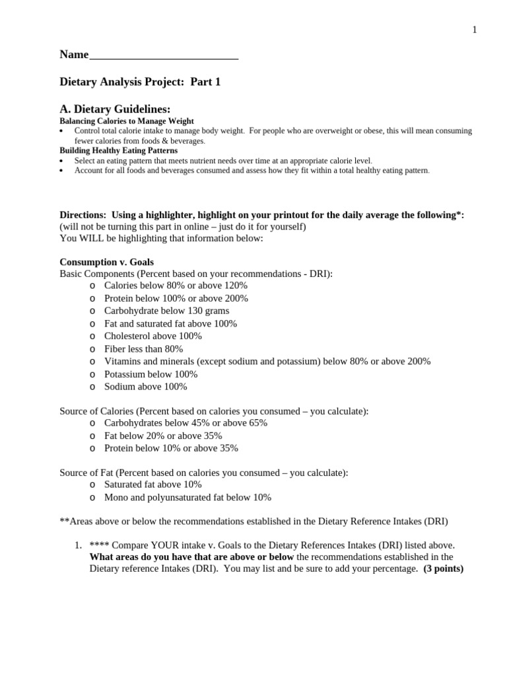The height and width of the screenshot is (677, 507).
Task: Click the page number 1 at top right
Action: coord(474,30)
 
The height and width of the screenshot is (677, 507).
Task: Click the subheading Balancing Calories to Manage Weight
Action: coord(127,121)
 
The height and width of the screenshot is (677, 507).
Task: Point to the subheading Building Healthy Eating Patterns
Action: coord(118,150)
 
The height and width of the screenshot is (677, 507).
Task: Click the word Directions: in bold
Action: coord(83,215)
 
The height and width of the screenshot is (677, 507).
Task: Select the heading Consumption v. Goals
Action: coord(106,262)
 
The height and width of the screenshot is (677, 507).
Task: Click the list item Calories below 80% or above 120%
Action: coord(176,286)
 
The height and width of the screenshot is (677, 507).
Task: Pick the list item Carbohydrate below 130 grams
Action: coord(166,311)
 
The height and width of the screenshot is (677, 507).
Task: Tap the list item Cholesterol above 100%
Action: coord(153,336)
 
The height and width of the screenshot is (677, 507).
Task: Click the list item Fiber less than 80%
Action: coord(143,348)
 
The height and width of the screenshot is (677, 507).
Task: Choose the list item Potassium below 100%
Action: coord(151,374)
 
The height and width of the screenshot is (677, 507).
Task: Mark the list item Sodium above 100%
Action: coord(145,386)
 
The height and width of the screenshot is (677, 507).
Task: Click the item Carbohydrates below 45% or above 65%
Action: coord(186,423)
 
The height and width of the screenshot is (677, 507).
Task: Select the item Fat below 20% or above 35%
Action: coord(163,436)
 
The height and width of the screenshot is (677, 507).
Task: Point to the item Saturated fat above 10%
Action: coord(153,485)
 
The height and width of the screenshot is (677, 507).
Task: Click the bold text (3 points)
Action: coord(443,569)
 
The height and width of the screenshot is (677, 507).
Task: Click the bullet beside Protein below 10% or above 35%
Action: coord(92,448)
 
